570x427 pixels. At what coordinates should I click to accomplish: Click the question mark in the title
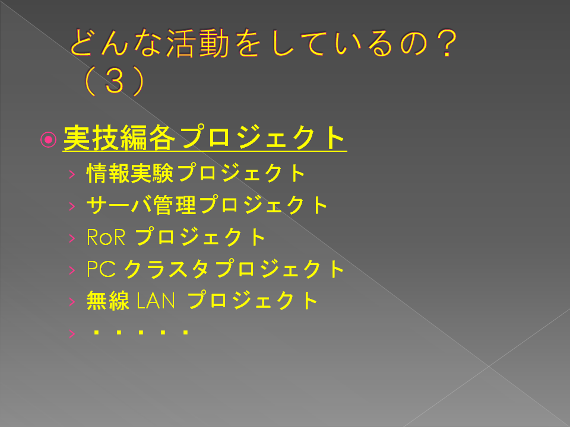[x=446, y=43]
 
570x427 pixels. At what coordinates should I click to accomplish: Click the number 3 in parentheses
[x=115, y=81]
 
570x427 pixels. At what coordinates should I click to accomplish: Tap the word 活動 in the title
[x=198, y=43]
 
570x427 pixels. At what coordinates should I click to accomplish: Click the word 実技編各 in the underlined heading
[x=119, y=138]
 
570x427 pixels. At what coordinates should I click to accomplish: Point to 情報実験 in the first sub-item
[x=130, y=173]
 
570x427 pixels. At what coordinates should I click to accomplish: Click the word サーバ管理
[x=141, y=205]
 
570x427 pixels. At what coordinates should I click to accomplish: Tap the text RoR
[x=106, y=237]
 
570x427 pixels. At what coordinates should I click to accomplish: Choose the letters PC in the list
[x=102, y=269]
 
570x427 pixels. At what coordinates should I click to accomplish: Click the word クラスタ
[x=167, y=269]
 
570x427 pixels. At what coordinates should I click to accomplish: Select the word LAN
[x=156, y=301]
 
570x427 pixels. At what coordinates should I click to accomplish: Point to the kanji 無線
[x=108, y=301]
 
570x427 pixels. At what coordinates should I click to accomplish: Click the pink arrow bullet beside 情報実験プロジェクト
[x=72, y=174]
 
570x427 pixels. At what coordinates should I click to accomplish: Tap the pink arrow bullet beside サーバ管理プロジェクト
[x=72, y=206]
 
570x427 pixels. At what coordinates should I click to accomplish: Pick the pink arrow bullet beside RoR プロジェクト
[x=72, y=238]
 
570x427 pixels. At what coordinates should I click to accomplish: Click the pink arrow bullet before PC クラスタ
[x=72, y=270]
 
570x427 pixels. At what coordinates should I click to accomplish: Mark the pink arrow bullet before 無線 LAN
[x=72, y=301]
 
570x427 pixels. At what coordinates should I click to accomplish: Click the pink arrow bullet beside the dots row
[x=72, y=333]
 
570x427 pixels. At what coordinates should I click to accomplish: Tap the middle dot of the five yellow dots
[x=141, y=332]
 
